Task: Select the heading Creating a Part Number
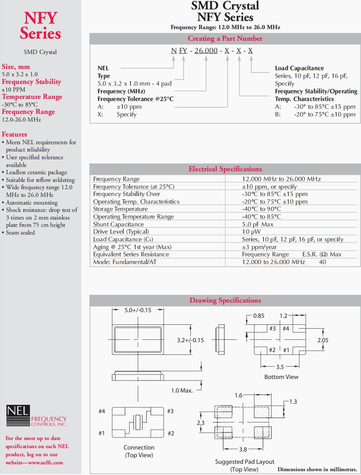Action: click(x=225, y=39)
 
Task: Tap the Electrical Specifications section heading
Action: click(x=225, y=169)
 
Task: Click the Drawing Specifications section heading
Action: click(x=225, y=300)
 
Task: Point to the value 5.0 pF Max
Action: click(x=257, y=224)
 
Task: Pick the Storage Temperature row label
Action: click(x=120, y=209)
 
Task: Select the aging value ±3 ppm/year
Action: click(x=259, y=247)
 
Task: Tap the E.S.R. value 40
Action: click(x=323, y=262)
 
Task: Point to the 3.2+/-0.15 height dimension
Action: click(x=190, y=341)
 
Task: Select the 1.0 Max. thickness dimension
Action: click(x=182, y=390)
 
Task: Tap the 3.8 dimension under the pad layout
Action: click(x=243, y=449)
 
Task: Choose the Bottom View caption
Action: click(x=281, y=377)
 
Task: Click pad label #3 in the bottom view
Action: click(x=272, y=329)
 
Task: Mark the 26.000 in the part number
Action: click(x=206, y=51)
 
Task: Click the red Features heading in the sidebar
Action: click(x=15, y=134)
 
